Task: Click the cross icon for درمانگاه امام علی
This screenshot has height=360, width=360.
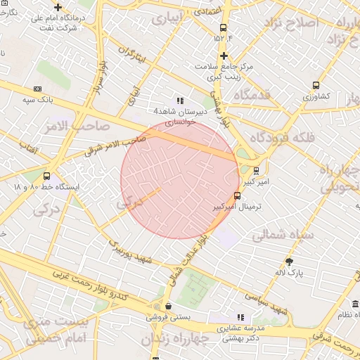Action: click(58, 7)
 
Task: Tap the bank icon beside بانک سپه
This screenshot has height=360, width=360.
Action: click(37, 89)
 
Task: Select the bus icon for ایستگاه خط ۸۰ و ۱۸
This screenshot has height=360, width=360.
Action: click(46, 176)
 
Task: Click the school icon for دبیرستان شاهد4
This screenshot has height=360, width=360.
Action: click(180, 101)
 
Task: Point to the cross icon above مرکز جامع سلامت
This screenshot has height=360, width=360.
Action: click(224, 56)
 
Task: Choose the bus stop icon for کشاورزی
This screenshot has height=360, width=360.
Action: click(316, 85)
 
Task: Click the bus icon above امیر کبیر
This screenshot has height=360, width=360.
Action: click(256, 169)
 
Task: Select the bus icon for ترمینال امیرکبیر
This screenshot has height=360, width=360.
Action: click(236, 196)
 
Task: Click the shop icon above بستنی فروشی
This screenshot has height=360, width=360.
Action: click(168, 306)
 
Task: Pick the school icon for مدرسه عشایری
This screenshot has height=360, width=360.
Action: click(240, 317)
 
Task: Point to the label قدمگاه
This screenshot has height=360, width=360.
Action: click(252, 95)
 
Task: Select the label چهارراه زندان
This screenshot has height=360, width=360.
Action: click(175, 339)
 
